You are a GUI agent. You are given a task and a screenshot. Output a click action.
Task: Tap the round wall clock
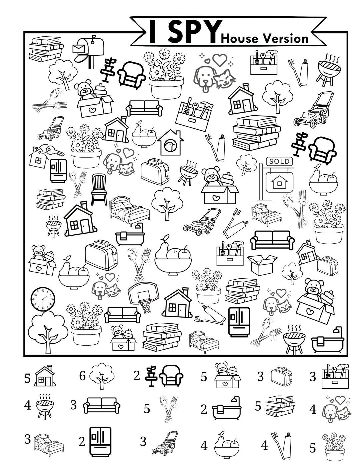(43, 298)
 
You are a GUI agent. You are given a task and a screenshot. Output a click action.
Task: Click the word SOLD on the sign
(279, 162)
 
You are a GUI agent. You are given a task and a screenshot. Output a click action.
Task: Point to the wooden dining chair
(99, 189)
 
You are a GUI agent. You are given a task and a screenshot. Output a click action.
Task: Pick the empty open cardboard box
(262, 264)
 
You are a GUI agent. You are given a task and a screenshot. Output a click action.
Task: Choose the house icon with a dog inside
(170, 143)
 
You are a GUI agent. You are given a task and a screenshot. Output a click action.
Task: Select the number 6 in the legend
(83, 376)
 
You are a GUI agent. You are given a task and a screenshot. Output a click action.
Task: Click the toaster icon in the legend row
(281, 377)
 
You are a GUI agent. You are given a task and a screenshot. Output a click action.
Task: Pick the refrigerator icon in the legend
(100, 442)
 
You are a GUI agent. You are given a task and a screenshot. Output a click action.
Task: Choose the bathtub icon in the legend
(226, 409)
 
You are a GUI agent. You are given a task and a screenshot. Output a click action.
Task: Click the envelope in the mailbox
(79, 49)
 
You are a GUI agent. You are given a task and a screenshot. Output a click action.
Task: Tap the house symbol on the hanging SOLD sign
(279, 182)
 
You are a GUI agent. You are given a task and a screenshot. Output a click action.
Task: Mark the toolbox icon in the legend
(335, 376)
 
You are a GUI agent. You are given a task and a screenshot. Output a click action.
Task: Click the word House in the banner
(239, 39)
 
